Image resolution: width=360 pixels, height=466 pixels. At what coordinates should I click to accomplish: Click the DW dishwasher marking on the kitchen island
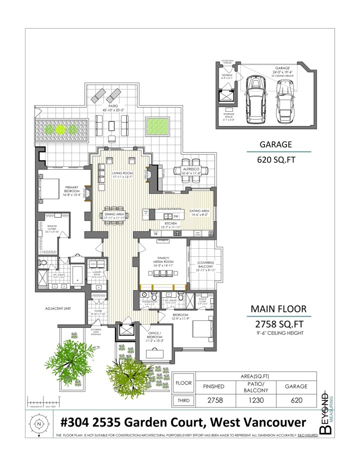(176, 216)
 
